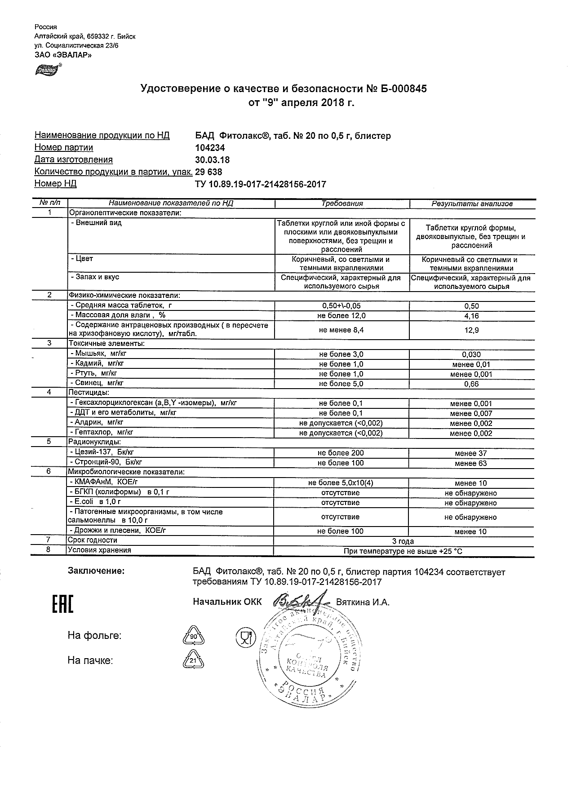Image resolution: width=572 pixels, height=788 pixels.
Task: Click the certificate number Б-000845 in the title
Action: pyautogui.click(x=403, y=89)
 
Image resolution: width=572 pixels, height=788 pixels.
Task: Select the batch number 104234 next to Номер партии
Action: pyautogui.click(x=210, y=148)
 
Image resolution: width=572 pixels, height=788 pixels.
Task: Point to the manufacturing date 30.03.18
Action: pyautogui.click(x=212, y=160)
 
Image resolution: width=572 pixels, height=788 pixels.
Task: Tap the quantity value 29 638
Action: pyautogui.click(x=208, y=172)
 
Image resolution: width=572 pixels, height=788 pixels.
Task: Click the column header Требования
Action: pyautogui.click(x=341, y=204)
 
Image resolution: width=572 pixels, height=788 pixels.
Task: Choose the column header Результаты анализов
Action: pyautogui.click(x=472, y=204)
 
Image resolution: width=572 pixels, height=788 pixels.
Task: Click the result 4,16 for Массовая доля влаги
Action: pyautogui.click(x=471, y=316)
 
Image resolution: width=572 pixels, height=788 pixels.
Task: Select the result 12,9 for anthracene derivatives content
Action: pyautogui.click(x=471, y=330)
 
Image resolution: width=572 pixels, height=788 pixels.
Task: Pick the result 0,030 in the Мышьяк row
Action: pyautogui.click(x=471, y=354)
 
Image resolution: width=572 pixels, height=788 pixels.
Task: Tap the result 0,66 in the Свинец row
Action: pyautogui.click(x=471, y=384)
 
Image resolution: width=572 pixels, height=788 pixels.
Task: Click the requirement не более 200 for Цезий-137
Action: pyautogui.click(x=341, y=453)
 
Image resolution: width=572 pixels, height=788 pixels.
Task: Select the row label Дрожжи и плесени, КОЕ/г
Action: pyautogui.click(x=119, y=531)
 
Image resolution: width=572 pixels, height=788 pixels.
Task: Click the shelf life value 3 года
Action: pyautogui.click(x=403, y=541)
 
